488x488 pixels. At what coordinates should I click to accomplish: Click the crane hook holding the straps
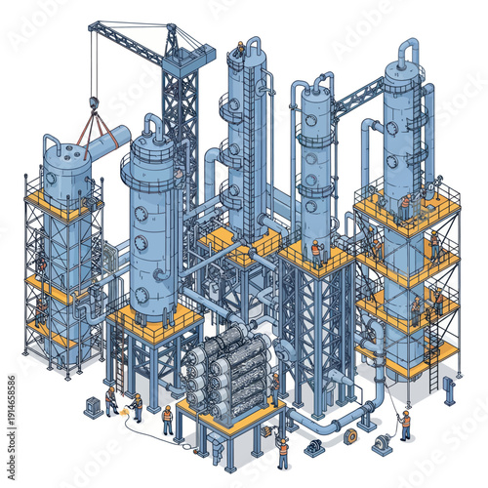94,102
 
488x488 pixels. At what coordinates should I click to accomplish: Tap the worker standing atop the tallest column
240,47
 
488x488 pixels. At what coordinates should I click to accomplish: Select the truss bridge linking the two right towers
358,95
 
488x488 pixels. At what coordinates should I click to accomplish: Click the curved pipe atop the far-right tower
408,49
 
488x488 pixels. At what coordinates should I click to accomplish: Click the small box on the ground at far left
92,407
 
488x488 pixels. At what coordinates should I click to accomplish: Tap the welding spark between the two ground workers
121,407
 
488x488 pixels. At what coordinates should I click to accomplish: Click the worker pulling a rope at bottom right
404,424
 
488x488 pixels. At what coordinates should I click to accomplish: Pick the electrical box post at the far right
449,389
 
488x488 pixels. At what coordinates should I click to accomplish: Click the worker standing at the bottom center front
282,449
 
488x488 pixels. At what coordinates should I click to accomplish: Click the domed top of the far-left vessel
65,145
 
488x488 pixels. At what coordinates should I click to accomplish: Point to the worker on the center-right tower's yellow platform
315,253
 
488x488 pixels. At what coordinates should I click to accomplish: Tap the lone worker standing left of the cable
167,419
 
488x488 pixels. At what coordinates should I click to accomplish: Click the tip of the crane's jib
92,26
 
